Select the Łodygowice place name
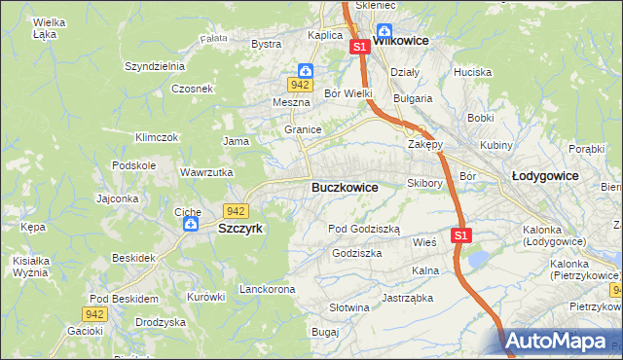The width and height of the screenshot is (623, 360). (545, 175)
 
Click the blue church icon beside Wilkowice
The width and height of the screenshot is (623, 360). (385, 30)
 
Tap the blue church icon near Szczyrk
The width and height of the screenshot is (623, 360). (192, 225)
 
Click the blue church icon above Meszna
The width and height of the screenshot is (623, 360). (305, 71)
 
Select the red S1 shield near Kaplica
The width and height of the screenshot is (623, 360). (358, 47)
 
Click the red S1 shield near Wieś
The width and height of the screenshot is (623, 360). (460, 235)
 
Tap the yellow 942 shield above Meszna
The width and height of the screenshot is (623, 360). (298, 86)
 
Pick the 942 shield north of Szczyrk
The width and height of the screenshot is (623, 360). (235, 210)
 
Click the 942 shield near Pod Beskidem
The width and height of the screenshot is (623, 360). (94, 313)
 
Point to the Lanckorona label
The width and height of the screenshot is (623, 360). (267, 290)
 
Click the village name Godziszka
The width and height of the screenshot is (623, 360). (356, 252)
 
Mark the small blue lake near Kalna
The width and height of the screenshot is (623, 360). (479, 259)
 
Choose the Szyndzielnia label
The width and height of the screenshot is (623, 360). (154, 66)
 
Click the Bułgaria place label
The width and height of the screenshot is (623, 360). (412, 98)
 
